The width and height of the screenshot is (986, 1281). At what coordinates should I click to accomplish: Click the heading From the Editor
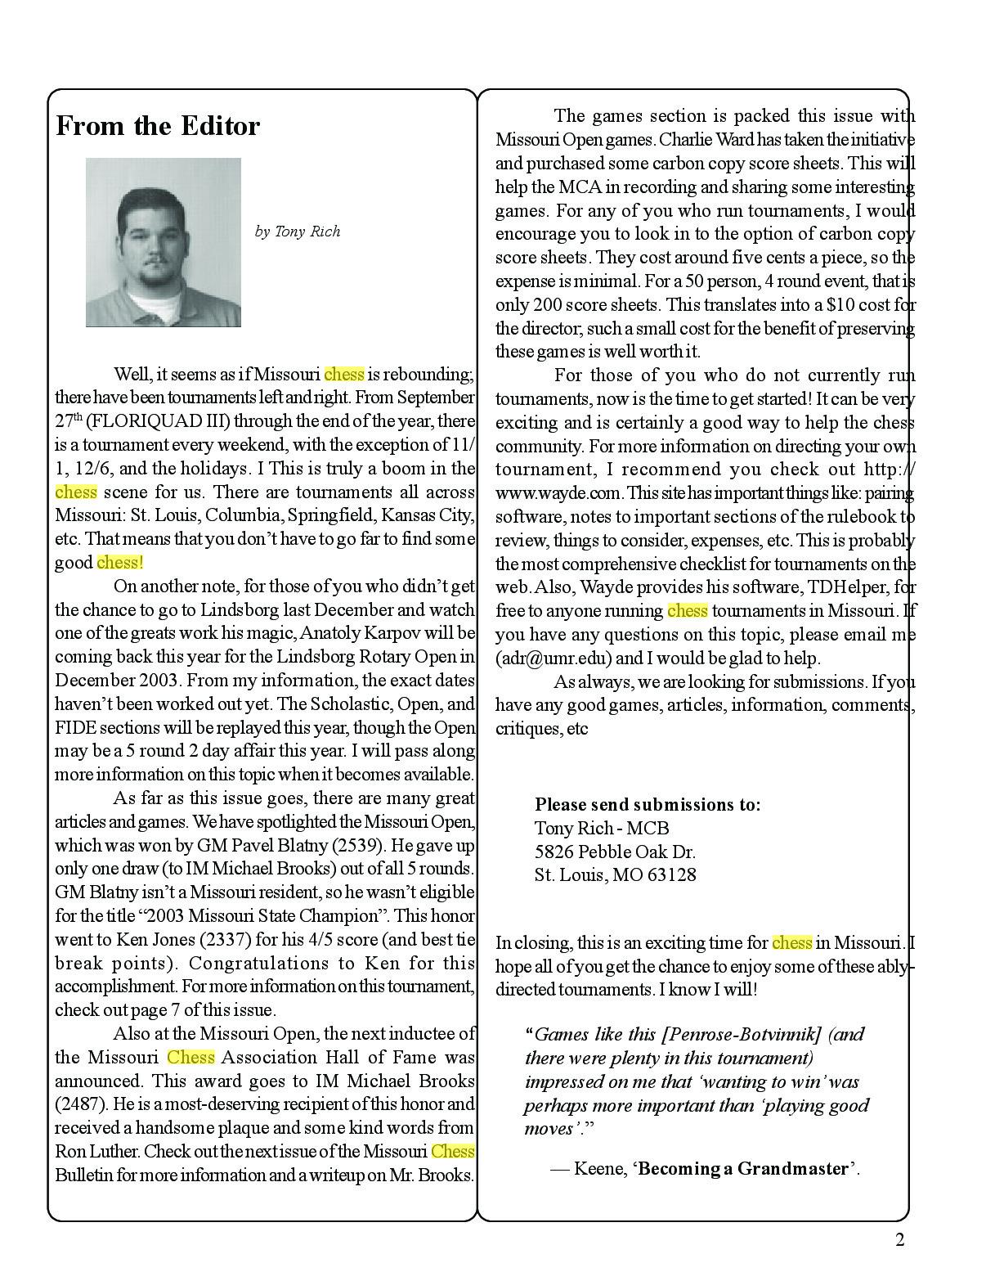[x=158, y=126]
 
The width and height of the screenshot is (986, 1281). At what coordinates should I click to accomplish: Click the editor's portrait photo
[x=164, y=242]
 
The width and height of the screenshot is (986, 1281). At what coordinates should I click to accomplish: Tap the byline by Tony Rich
[x=298, y=231]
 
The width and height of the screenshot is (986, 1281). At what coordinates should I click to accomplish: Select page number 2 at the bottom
[x=900, y=1240]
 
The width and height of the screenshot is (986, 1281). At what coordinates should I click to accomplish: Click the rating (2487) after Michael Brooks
[x=81, y=1104]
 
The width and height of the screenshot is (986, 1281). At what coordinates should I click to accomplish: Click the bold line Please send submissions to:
[x=648, y=804]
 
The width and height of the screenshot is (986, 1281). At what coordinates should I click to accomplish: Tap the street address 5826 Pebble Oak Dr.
[x=615, y=852]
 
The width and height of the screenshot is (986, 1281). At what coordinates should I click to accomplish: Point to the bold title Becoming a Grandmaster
[x=743, y=1168]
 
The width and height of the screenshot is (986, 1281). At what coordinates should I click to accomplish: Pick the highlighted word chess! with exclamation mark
[x=120, y=563]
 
